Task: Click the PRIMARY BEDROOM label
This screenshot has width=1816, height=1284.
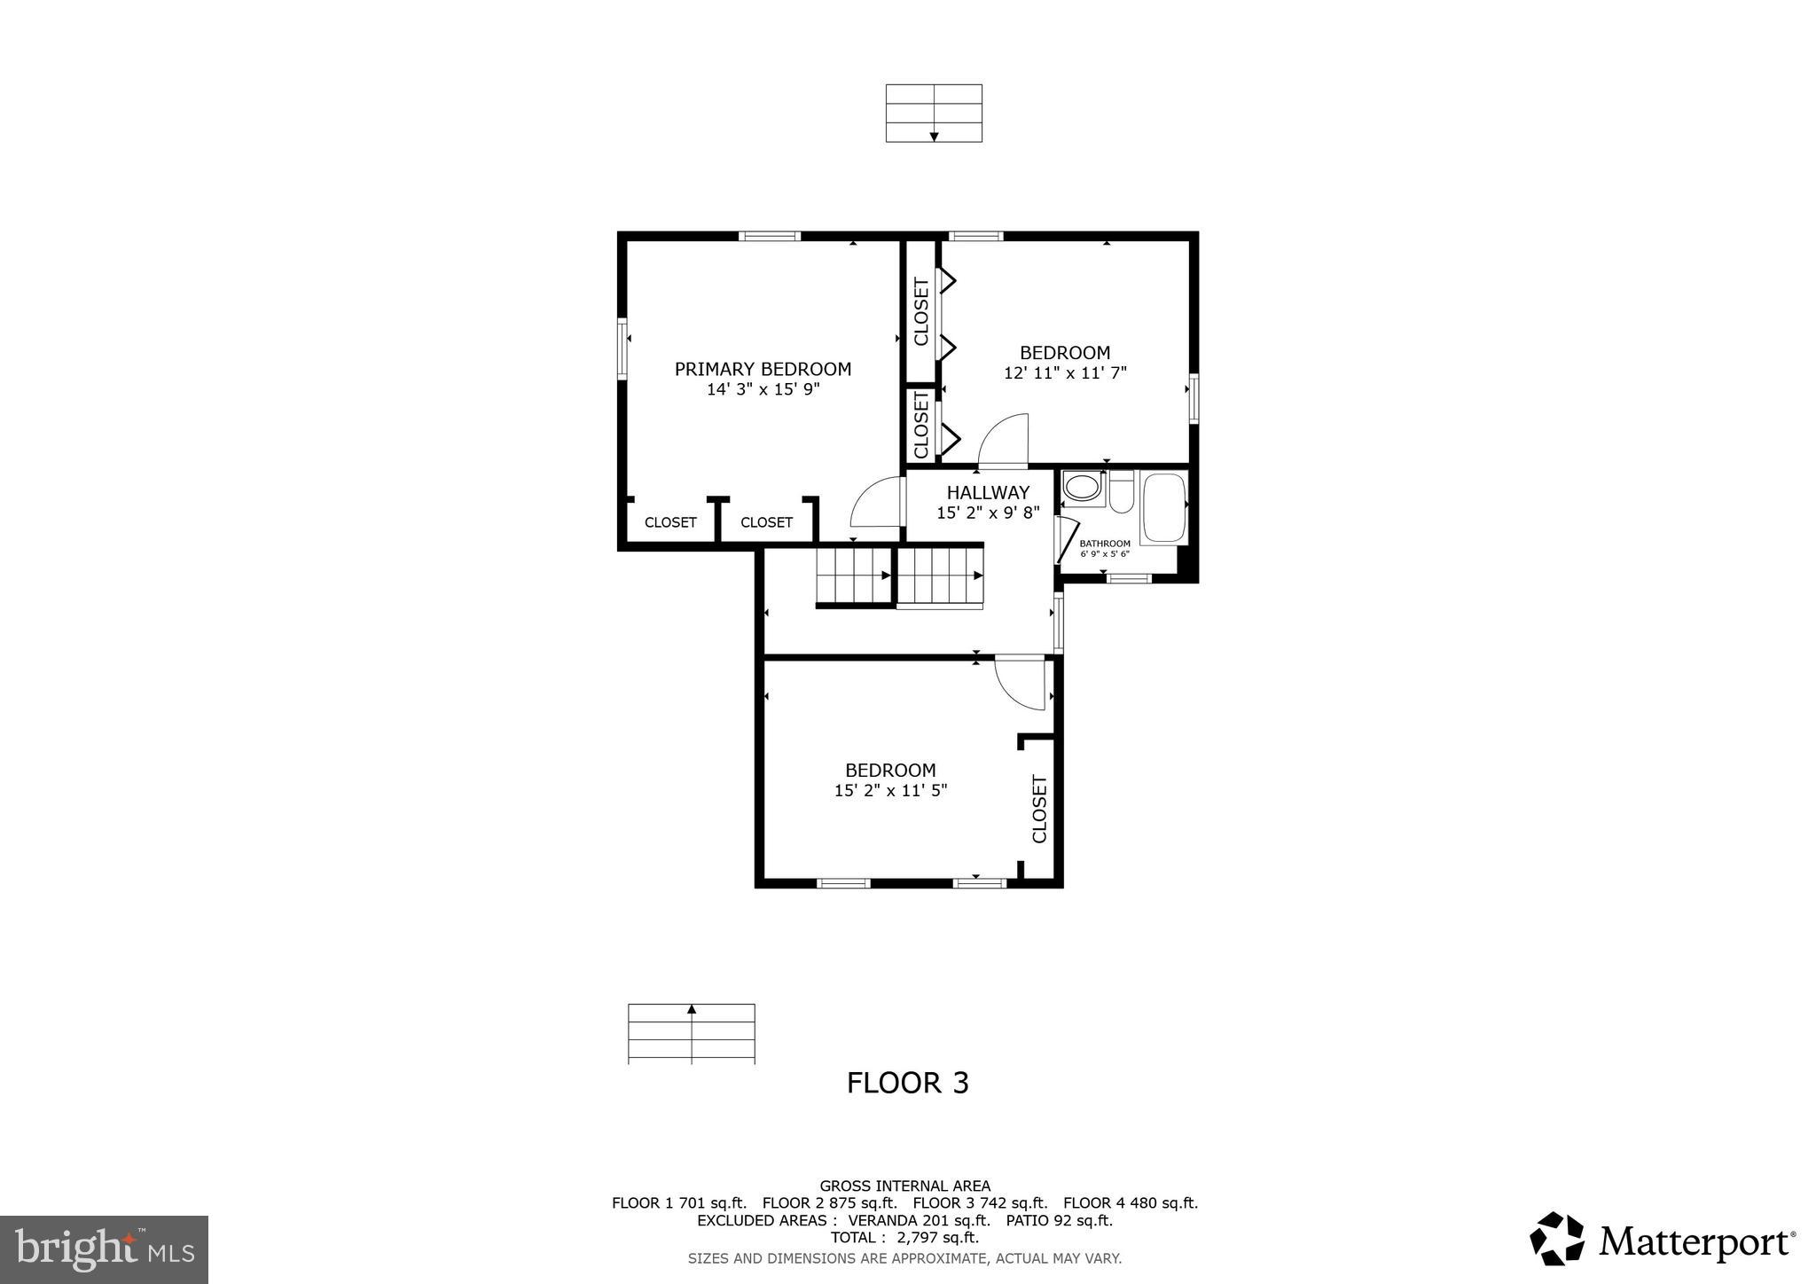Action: pos(763,369)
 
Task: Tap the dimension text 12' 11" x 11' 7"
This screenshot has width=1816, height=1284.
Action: pos(1065,373)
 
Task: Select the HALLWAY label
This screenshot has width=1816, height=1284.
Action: pos(988,492)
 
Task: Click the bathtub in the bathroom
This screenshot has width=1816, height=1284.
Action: pos(1163,508)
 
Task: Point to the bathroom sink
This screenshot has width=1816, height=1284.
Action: pos(1082,488)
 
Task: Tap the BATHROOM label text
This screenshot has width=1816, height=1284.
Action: pos(1105,544)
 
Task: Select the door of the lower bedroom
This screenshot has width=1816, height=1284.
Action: pos(1020,684)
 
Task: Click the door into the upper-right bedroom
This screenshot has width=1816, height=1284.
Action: pos(1004,440)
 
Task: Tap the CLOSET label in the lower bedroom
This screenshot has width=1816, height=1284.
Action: pos(1040,809)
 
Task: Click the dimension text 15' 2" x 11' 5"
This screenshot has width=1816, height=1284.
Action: pos(890,790)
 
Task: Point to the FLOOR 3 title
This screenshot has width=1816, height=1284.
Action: pos(907,1083)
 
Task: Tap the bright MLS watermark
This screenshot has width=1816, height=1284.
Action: pos(105,1249)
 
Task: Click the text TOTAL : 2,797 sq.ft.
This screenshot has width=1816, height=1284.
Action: pos(904,1237)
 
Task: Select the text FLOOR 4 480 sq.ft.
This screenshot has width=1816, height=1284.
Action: pos(1130,1203)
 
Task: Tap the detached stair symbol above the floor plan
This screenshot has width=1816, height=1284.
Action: pos(934,113)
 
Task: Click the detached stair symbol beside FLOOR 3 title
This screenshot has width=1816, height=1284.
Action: pos(691,1033)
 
